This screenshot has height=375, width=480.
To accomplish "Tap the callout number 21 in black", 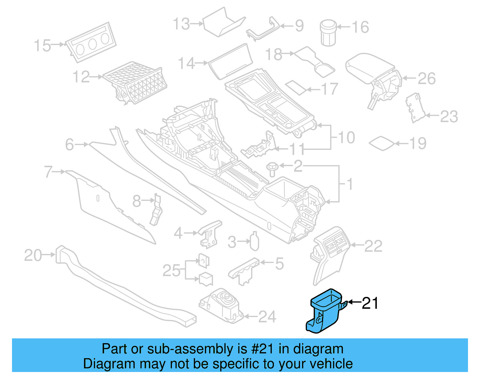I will tap(370, 303).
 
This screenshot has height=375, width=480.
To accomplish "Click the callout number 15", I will tap(42, 46).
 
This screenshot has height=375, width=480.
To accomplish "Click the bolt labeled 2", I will tap(272, 169).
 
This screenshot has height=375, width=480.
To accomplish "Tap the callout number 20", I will tap(33, 255).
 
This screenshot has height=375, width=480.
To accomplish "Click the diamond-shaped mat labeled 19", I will tap(382, 143).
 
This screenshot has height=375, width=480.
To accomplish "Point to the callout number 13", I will tap(181, 24).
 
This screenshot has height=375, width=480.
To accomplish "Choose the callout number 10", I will tap(346, 138).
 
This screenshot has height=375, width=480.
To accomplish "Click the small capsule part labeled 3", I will tap(254, 241).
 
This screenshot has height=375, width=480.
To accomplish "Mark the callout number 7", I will tap(48, 172).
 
